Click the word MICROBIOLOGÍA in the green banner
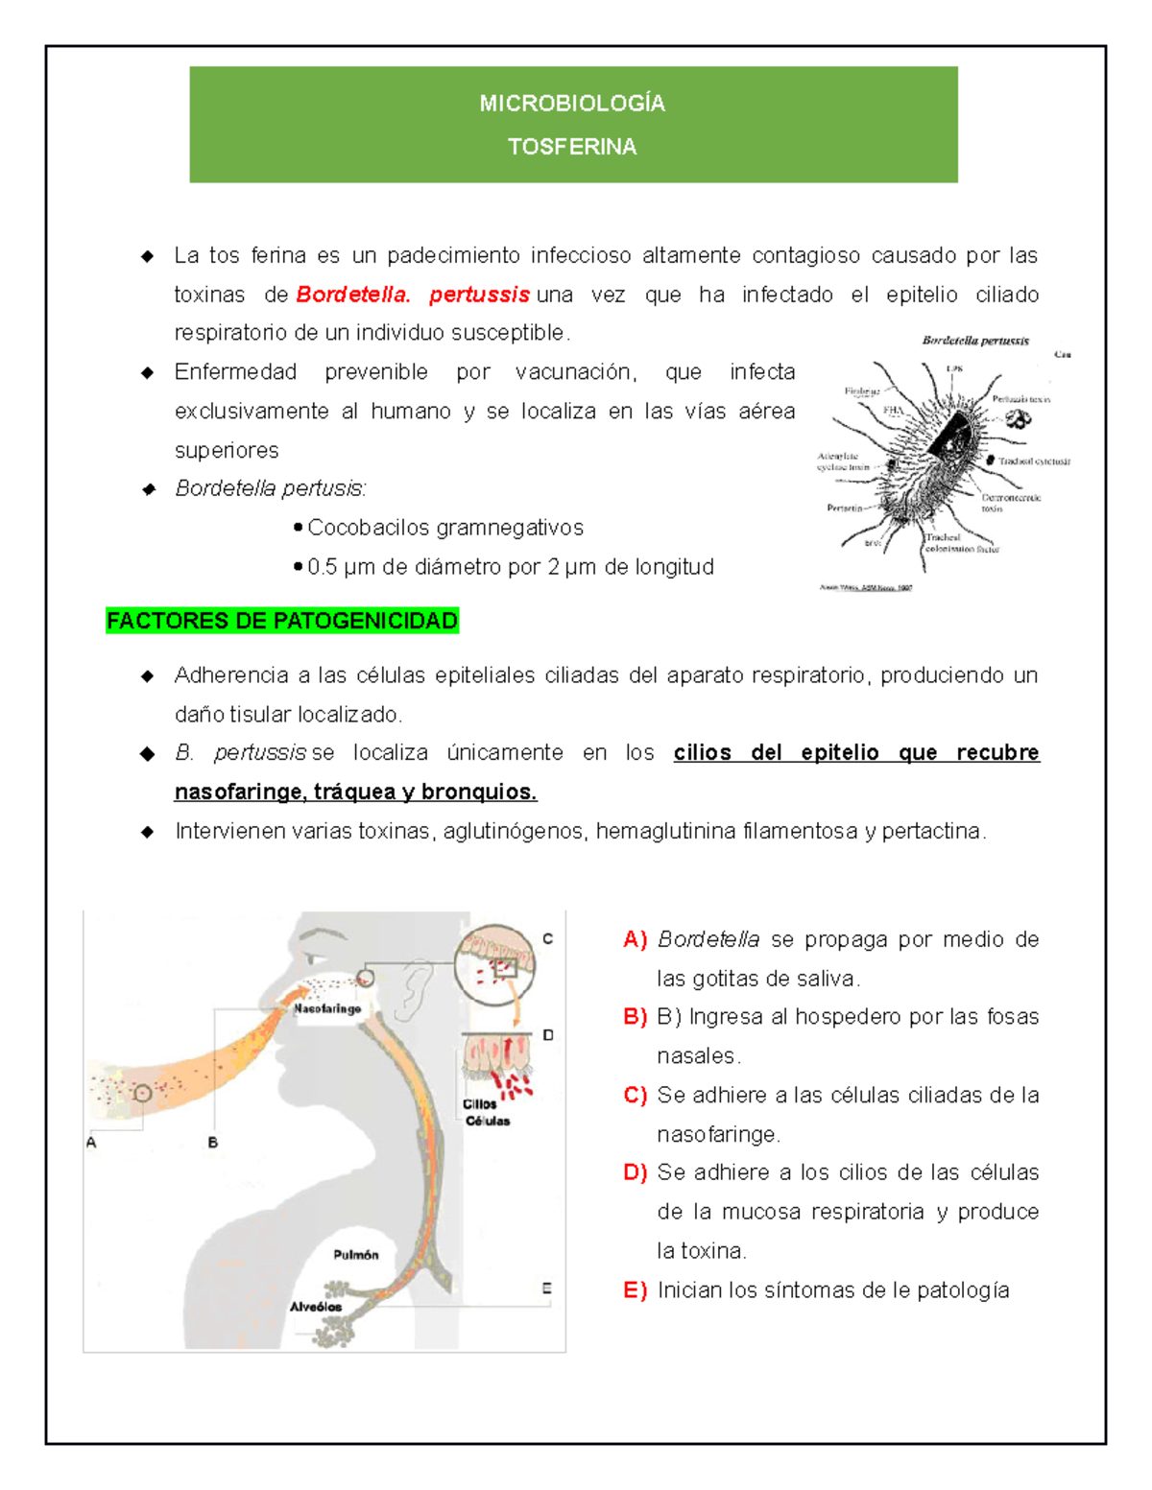point(572,104)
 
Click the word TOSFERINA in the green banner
point(572,147)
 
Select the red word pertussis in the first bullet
point(479,295)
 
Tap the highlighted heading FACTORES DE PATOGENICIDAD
point(282,621)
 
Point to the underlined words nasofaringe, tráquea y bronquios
point(355,792)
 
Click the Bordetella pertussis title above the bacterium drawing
point(975,341)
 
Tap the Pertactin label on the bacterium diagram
point(845,508)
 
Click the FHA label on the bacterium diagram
point(893,410)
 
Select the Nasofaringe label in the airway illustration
point(327,1009)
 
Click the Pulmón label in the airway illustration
point(356,1255)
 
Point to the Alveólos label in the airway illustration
point(316,1307)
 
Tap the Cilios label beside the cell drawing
point(480,1104)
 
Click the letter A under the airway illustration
point(91,1143)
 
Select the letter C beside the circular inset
point(547,939)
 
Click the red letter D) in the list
point(635,1172)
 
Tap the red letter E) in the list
point(635,1290)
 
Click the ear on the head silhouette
point(416,988)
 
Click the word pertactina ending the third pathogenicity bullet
point(932,831)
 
